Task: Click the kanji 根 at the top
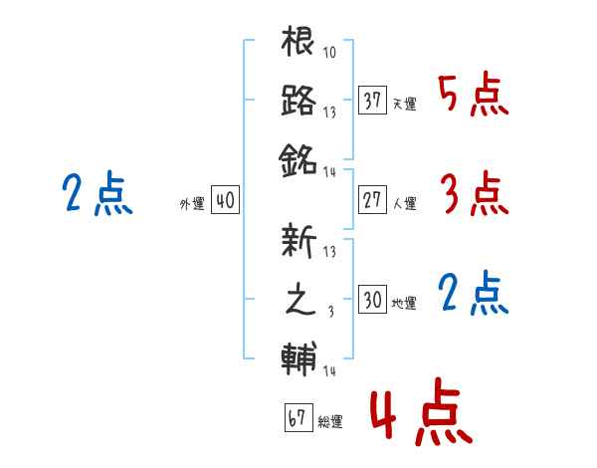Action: tap(298, 41)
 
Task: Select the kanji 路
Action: tap(298, 100)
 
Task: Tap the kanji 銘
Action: tap(298, 160)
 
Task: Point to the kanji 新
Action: tap(298, 241)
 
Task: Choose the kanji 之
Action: tap(300, 299)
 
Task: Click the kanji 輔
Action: tap(298, 359)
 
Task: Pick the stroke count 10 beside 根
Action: tap(329, 52)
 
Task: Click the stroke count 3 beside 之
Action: tap(331, 312)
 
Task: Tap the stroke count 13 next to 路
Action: tap(329, 113)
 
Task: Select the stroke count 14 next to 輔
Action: tap(329, 370)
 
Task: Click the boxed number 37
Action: tap(372, 101)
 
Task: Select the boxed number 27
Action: tap(372, 200)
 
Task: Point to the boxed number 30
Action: tap(372, 299)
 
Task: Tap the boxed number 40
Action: tap(225, 200)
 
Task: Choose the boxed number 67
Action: tap(298, 417)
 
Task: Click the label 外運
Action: tap(192, 204)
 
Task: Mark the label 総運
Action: tap(330, 422)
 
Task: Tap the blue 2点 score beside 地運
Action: tap(474, 294)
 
